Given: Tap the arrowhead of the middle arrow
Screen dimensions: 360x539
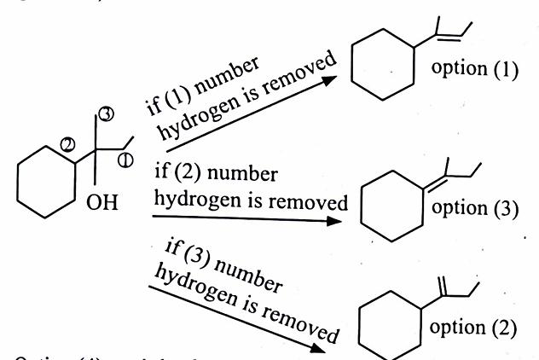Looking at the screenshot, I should pyautogui.click(x=347, y=218).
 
